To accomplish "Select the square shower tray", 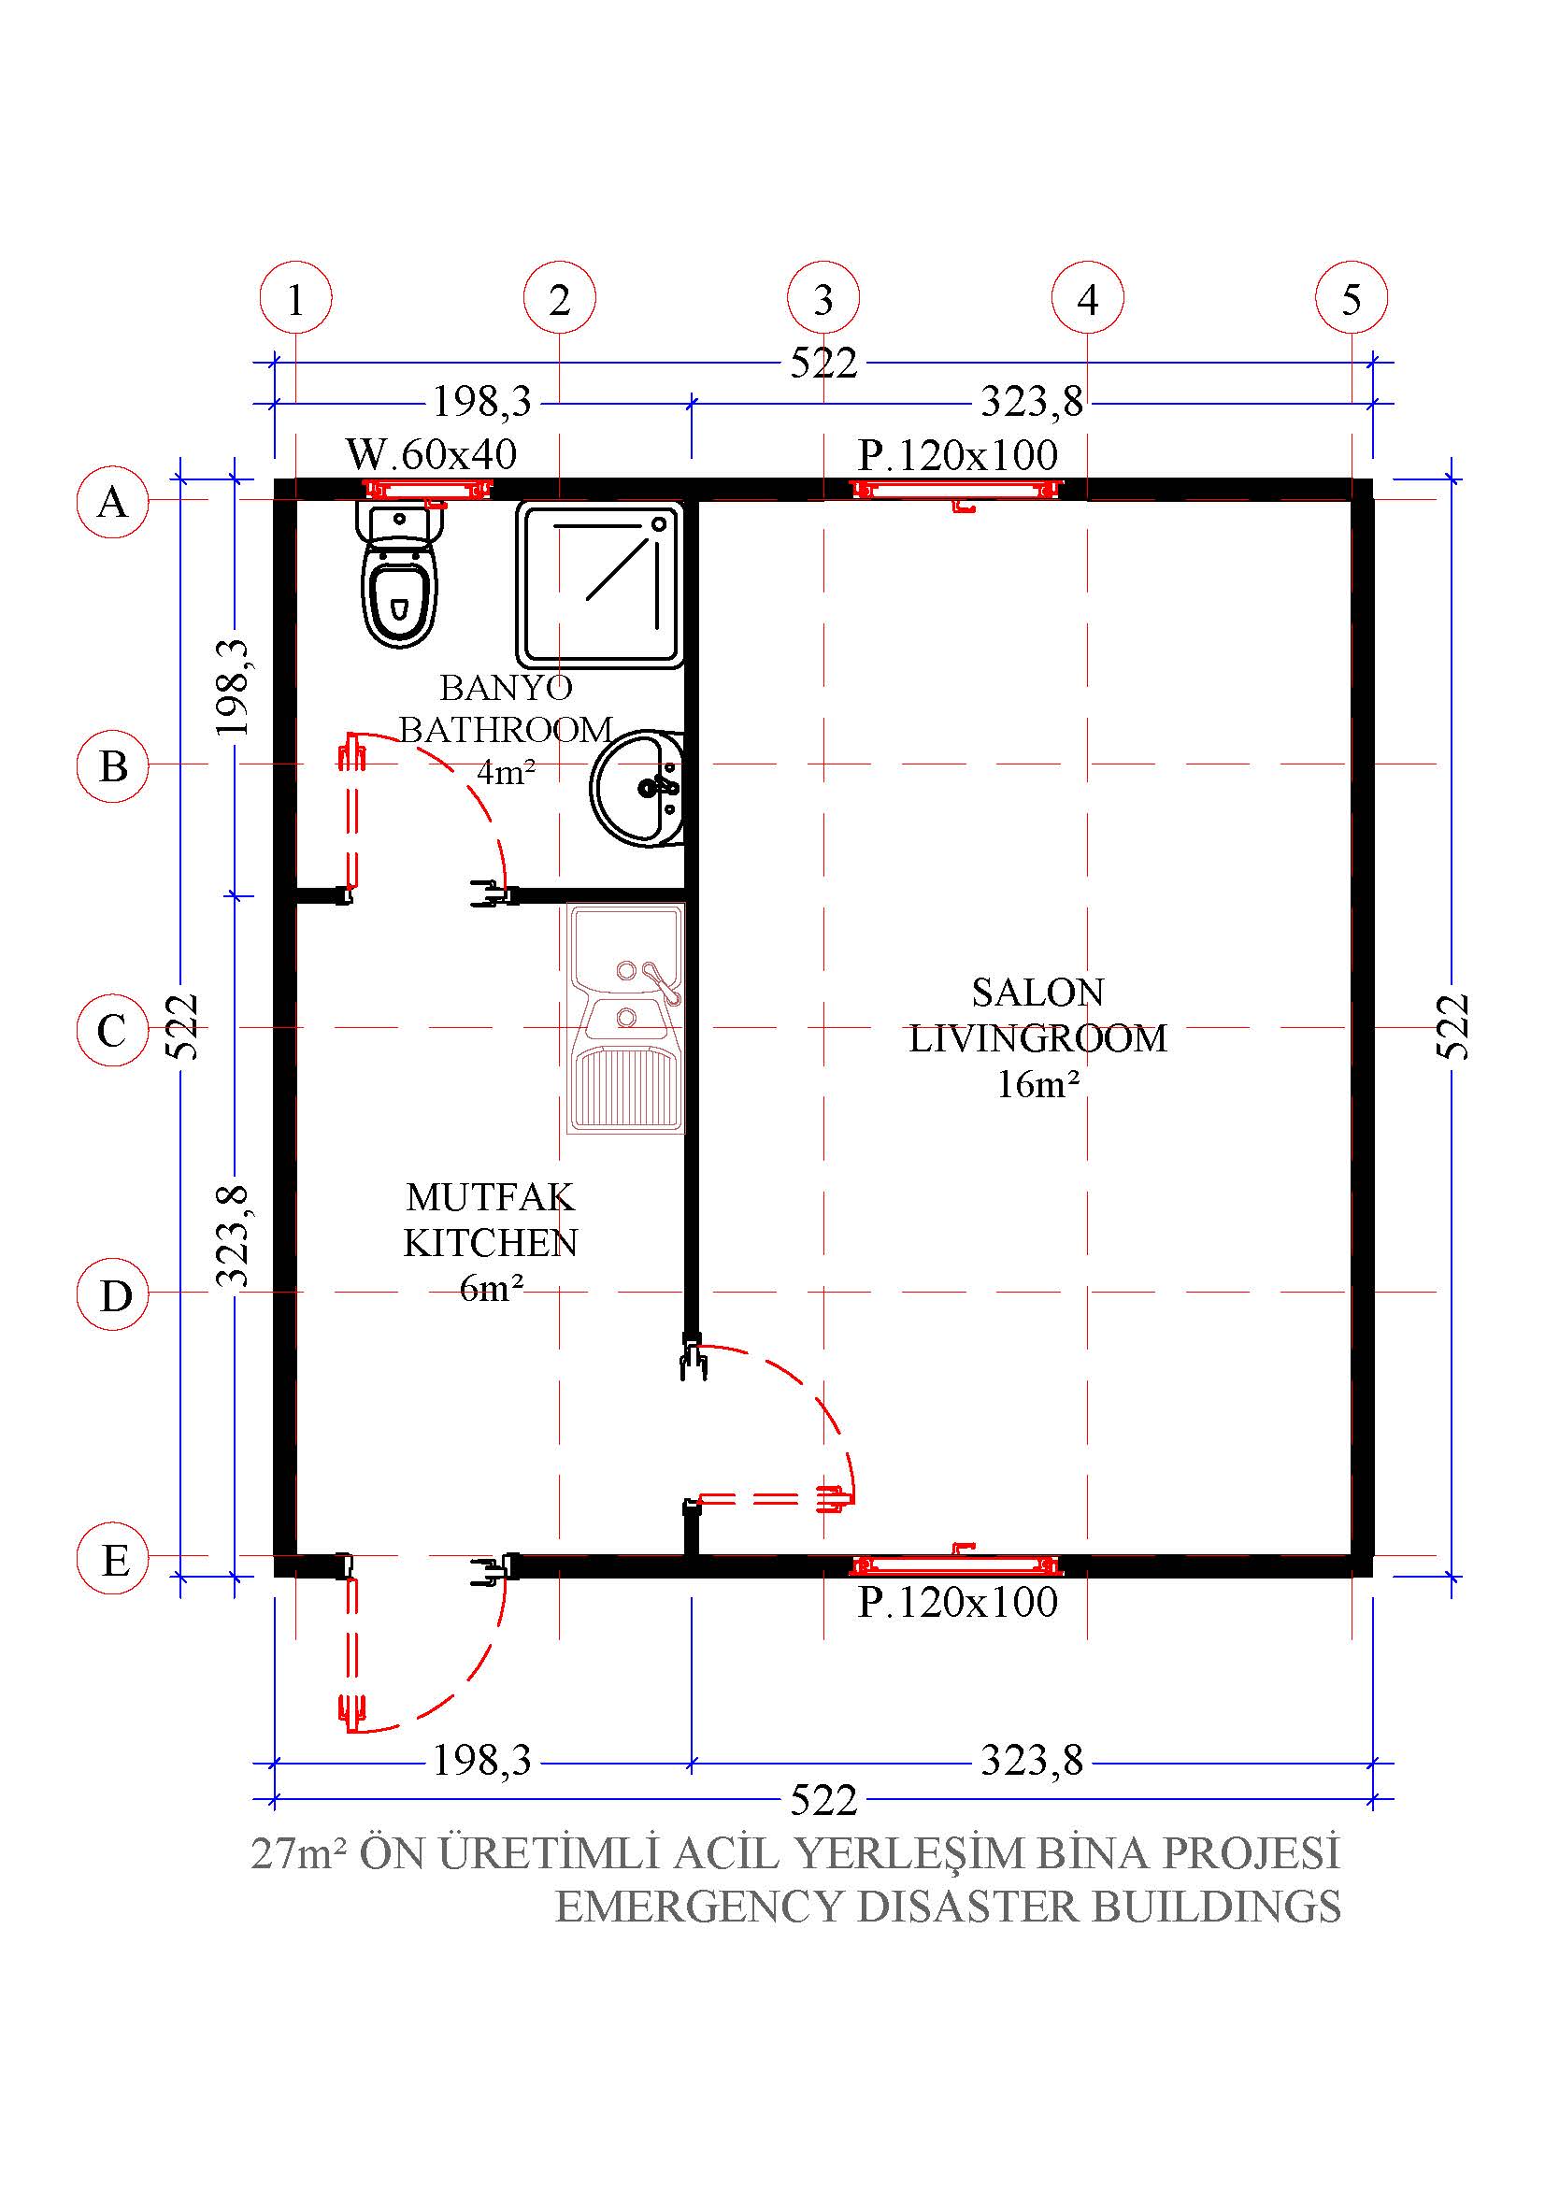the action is (x=600, y=583).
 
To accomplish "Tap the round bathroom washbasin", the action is (x=637, y=789).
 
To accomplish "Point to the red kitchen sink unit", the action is (x=626, y=1019).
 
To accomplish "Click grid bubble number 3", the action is (x=823, y=298).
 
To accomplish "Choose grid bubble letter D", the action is (x=113, y=1294).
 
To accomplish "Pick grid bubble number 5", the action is (x=1352, y=298).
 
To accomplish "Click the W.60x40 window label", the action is (x=431, y=454).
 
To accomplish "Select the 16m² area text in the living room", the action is (x=1037, y=1083).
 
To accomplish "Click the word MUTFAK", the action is (x=491, y=1197).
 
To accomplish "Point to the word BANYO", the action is (x=506, y=687).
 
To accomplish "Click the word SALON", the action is (x=1037, y=993).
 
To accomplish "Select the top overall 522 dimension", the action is (x=824, y=363).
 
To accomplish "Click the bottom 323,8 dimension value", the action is (x=1032, y=1761).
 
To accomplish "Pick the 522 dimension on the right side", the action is (x=1453, y=1026).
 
